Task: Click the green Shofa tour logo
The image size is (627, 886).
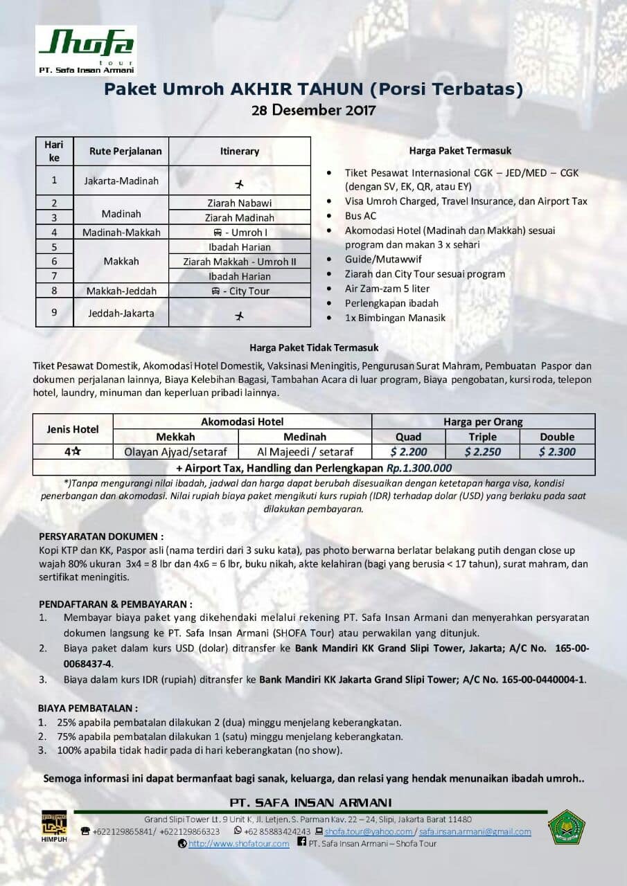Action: pyautogui.click(x=86, y=49)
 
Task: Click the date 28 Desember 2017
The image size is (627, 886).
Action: pyautogui.click(x=313, y=110)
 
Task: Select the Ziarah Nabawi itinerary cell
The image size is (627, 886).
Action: pyautogui.click(x=239, y=203)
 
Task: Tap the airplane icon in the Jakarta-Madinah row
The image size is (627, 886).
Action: pyautogui.click(x=240, y=184)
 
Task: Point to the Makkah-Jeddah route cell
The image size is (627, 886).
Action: pyautogui.click(x=121, y=291)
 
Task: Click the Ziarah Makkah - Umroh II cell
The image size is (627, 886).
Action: pyautogui.click(x=239, y=262)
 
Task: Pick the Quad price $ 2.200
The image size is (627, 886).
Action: pyautogui.click(x=408, y=452)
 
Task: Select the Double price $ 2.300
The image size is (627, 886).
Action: pyautogui.click(x=557, y=452)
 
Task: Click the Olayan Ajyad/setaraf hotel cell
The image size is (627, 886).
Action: pyautogui.click(x=175, y=452)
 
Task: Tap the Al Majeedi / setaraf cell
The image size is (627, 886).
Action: pyautogui.click(x=305, y=452)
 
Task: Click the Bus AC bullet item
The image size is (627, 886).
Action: pyautogui.click(x=360, y=215)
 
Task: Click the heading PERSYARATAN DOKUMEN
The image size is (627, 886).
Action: pyautogui.click(x=101, y=536)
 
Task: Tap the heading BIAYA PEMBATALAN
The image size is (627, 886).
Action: pyautogui.click(x=88, y=708)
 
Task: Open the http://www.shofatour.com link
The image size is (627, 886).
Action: pyautogui.click(x=238, y=844)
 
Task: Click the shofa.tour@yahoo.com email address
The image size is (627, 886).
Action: pyautogui.click(x=368, y=831)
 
